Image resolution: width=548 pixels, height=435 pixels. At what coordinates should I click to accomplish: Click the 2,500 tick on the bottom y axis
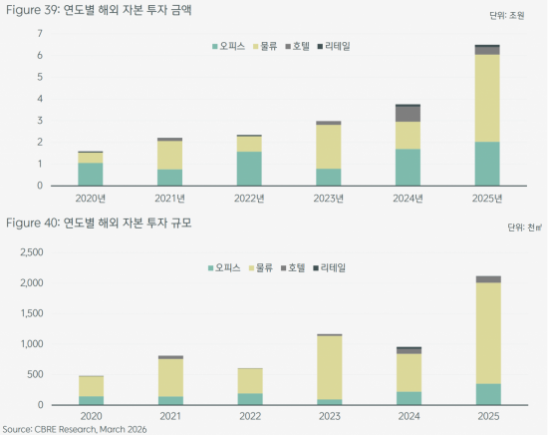click(32, 252)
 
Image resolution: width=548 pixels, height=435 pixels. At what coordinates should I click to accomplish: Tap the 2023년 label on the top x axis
click(328, 197)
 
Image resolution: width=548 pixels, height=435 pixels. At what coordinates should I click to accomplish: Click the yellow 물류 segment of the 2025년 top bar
click(487, 98)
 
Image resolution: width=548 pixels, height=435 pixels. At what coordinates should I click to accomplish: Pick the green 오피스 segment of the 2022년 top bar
click(249, 169)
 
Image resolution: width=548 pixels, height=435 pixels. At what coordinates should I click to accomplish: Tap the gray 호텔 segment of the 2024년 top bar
click(408, 114)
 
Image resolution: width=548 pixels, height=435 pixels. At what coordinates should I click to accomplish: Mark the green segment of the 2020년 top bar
click(91, 175)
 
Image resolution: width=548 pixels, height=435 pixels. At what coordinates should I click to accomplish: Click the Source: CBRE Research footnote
click(75, 428)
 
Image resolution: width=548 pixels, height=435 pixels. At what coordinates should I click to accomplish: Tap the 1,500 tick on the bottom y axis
click(32, 313)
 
